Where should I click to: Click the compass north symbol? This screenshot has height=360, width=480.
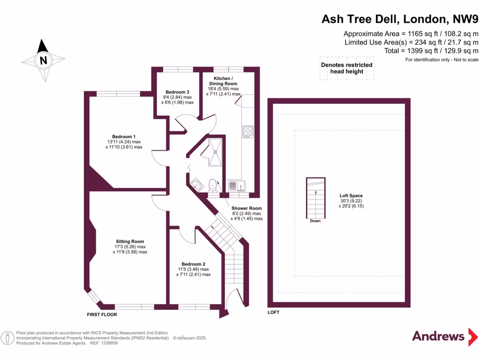[43, 60]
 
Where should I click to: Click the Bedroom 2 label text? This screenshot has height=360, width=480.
[193, 264]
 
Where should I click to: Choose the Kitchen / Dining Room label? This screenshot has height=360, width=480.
[222, 78]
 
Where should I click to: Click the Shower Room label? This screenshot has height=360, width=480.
[247, 208]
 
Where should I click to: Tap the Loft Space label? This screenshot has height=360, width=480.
[351, 195]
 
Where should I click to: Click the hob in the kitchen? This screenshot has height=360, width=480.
[247, 132]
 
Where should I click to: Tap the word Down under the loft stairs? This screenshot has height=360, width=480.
[315, 221]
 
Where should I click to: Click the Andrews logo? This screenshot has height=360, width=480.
[438, 336]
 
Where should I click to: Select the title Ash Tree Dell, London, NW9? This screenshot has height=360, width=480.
[399, 19]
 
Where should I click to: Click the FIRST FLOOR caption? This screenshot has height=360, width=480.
[102, 315]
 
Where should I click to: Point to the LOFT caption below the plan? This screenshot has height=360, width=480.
[273, 312]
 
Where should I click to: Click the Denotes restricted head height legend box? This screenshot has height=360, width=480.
[346, 68]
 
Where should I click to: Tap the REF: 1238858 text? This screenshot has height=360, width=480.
[103, 343]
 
